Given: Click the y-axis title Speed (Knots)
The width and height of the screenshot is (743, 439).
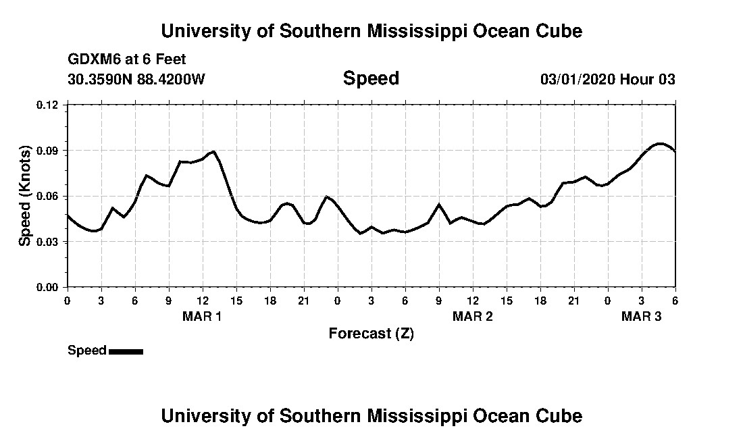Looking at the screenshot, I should [24, 195].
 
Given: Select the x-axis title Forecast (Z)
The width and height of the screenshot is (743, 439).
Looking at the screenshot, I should [371, 333].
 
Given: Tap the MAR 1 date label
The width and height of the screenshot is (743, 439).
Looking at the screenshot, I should [202, 316].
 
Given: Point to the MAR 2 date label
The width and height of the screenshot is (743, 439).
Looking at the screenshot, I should [473, 316].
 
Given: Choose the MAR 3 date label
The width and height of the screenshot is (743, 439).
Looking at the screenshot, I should [641, 316].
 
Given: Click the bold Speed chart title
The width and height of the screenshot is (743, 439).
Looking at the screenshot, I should [371, 78].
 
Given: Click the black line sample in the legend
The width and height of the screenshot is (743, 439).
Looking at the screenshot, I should [126, 351].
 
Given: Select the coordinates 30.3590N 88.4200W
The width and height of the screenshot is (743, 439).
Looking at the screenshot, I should [136, 79].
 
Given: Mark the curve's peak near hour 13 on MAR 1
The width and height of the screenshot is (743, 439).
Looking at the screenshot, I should [213, 151].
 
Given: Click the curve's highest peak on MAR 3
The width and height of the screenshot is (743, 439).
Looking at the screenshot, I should [660, 143].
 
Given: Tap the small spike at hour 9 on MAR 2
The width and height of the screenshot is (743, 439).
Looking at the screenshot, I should [439, 204].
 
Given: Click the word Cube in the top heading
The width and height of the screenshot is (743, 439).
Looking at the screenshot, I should [560, 31].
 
